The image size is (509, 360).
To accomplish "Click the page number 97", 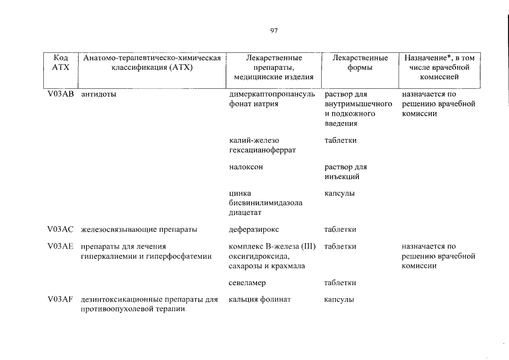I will pyautogui.click(x=274, y=30).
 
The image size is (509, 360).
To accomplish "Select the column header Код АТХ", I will pyautogui.click(x=60, y=62).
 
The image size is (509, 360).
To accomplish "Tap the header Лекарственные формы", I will pyautogui.click(x=360, y=62).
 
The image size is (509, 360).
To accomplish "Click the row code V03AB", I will pyautogui.click(x=60, y=94).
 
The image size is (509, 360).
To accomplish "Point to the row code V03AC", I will pyautogui.click(x=60, y=229).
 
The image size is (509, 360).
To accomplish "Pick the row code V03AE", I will pyautogui.click(x=60, y=246).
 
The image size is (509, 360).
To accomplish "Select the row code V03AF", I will pyautogui.click(x=60, y=300).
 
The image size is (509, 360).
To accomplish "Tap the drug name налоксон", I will pyautogui.click(x=246, y=167).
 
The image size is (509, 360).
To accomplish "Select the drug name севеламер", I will pyautogui.click(x=247, y=282).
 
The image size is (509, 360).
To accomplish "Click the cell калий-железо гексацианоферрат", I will pyautogui.click(x=262, y=145).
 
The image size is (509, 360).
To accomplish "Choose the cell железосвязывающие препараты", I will pyautogui.click(x=139, y=229).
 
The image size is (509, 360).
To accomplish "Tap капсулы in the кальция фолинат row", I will pyautogui.click(x=339, y=300).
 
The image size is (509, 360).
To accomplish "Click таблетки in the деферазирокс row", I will pyautogui.click(x=340, y=229).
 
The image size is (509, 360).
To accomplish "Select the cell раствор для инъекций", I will pyautogui.click(x=345, y=172).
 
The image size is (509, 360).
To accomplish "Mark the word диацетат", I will pyautogui.click(x=246, y=213).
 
